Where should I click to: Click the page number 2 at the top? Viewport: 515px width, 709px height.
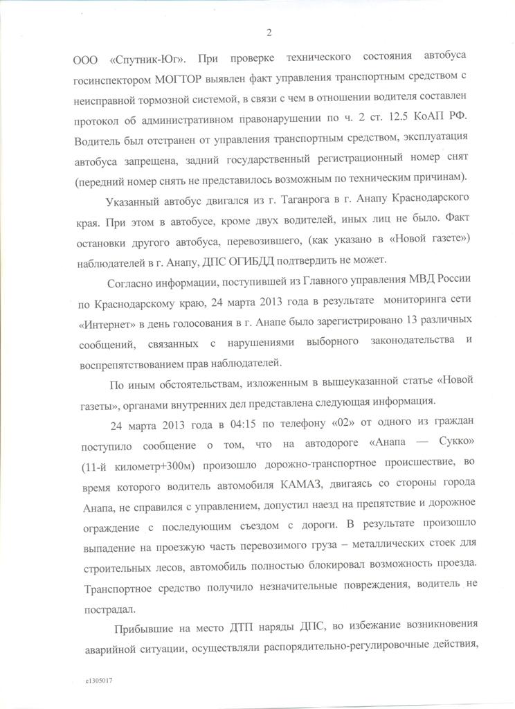(x=269, y=32)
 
